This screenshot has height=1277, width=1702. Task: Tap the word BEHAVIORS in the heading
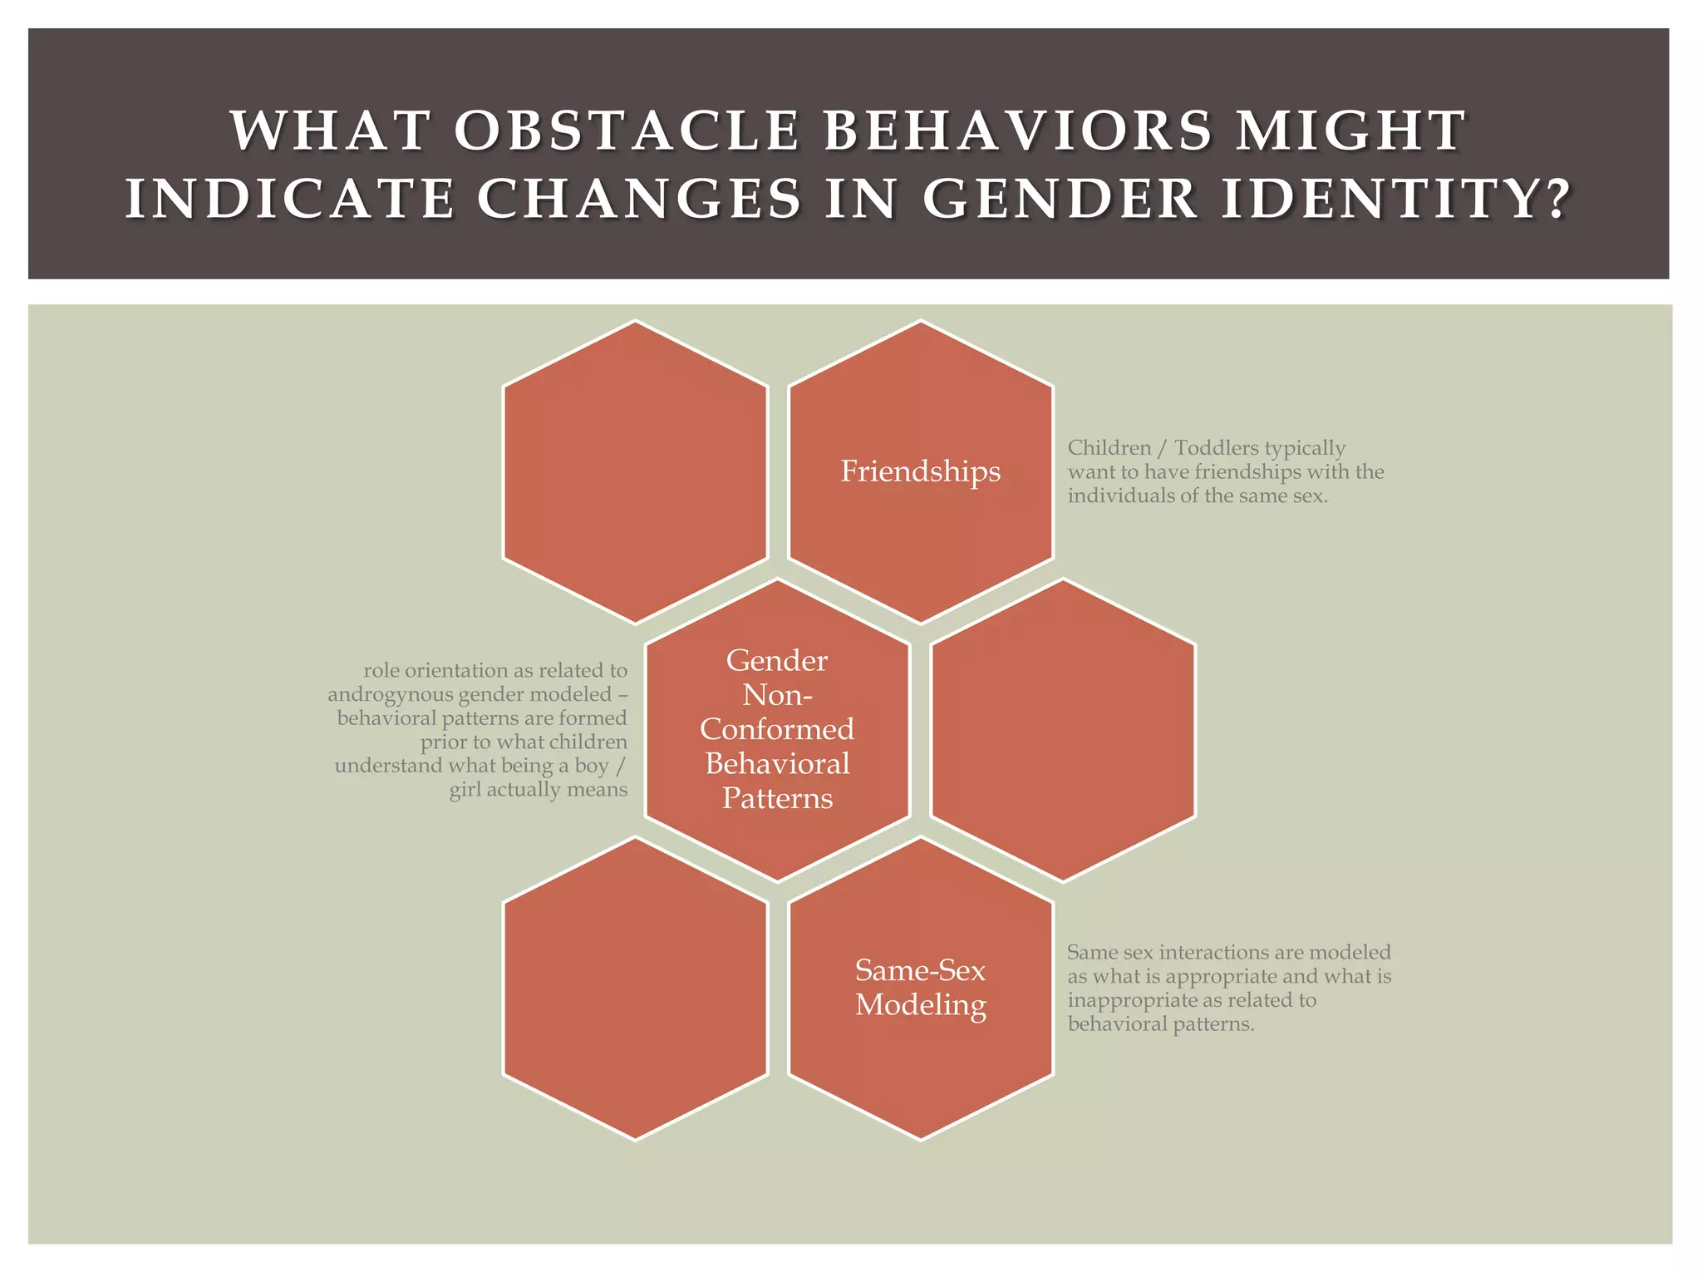[x=1018, y=131]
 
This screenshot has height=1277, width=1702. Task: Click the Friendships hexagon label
[x=920, y=471]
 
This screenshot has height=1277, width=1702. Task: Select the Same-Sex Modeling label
[x=920, y=987]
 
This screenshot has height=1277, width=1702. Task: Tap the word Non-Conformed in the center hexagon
[x=777, y=712]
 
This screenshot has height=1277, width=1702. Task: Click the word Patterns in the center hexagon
[x=777, y=798]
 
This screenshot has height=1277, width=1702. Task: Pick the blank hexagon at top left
[x=635, y=471]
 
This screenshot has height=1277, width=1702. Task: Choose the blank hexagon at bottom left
[x=635, y=988]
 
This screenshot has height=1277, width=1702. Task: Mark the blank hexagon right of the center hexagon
[x=1063, y=730]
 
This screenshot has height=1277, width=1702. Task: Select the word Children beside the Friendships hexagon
[x=1109, y=448]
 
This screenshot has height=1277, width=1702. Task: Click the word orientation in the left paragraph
[x=466, y=670]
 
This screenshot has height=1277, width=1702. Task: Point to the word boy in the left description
[x=592, y=766]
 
